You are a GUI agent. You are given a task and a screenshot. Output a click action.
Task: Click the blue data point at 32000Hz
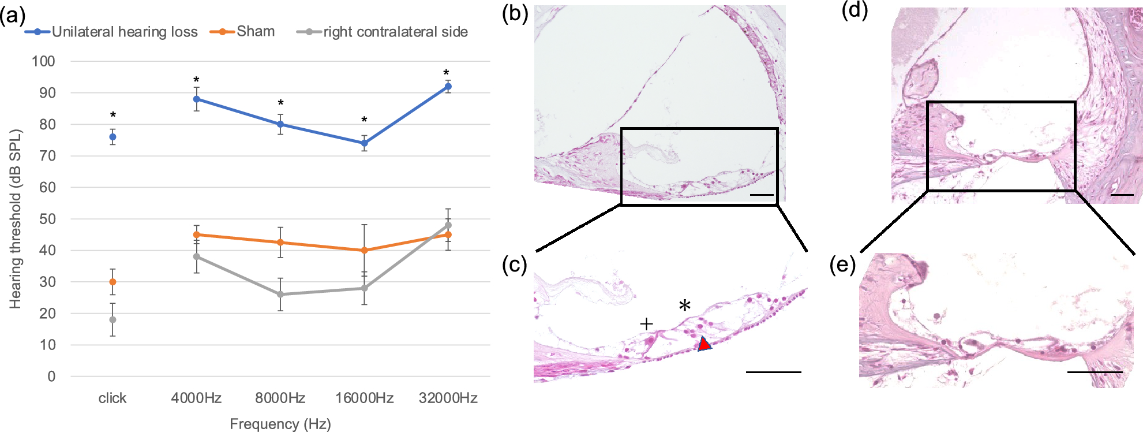click(448, 87)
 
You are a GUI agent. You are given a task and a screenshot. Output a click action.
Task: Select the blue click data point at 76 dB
click(113, 137)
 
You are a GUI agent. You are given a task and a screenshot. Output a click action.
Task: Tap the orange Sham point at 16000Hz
click(364, 250)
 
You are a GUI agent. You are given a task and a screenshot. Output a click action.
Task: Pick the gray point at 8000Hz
click(280, 295)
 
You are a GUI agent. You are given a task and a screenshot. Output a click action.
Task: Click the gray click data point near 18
click(113, 319)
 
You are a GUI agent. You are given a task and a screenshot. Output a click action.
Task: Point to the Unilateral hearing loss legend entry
click(124, 32)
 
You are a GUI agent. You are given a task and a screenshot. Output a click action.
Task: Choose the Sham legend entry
click(255, 31)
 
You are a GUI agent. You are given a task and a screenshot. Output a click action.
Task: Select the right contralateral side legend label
click(395, 32)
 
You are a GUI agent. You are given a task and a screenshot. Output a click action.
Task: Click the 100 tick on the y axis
click(43, 61)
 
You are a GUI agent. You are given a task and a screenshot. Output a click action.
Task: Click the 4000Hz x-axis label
click(196, 398)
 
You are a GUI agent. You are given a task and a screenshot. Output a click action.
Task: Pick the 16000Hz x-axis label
click(364, 398)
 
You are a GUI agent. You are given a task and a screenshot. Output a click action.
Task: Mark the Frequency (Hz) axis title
click(280, 424)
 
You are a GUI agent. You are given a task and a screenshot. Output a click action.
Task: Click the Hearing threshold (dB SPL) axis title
click(16, 219)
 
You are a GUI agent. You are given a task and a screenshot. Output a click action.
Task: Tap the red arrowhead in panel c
click(703, 344)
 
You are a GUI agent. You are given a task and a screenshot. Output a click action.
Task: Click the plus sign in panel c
click(646, 323)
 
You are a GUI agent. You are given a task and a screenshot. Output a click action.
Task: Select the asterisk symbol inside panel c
click(685, 306)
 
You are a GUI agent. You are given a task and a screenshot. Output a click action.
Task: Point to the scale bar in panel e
click(1094, 372)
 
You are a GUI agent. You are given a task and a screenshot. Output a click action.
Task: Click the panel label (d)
click(855, 10)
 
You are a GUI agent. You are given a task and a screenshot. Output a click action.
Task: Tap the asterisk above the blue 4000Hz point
click(196, 80)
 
